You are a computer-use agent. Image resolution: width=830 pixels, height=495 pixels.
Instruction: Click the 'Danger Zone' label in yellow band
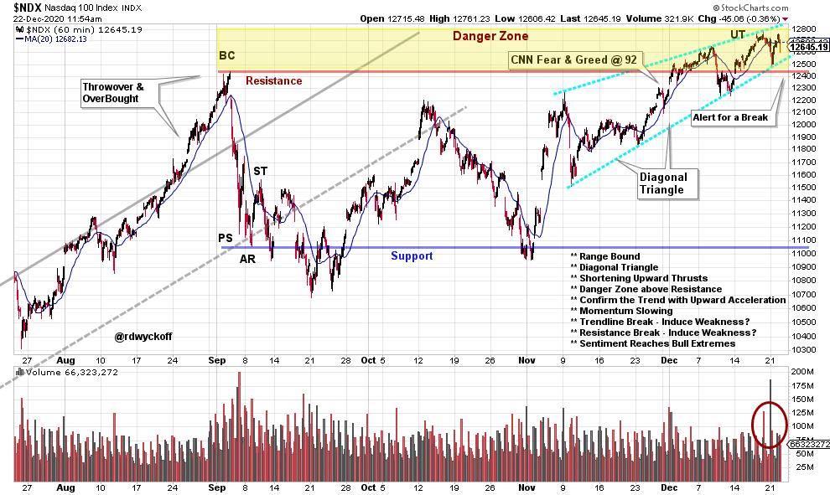click(x=490, y=36)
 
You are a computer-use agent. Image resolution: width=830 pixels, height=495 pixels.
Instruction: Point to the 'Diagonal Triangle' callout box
click(x=663, y=183)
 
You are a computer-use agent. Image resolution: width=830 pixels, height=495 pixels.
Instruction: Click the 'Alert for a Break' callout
click(x=729, y=117)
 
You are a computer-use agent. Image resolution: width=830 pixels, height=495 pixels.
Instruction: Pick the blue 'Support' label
click(x=412, y=255)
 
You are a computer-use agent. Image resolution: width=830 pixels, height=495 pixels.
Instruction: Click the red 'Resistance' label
click(x=273, y=81)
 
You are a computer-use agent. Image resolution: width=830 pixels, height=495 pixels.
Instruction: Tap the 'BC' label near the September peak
click(x=227, y=56)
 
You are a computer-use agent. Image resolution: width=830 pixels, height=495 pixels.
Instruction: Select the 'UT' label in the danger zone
click(x=737, y=34)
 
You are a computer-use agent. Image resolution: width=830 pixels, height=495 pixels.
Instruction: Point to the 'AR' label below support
click(x=247, y=260)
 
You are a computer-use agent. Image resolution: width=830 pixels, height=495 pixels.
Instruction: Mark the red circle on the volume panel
click(x=769, y=424)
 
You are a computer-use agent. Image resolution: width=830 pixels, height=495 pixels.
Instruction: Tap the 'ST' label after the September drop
click(x=261, y=171)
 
